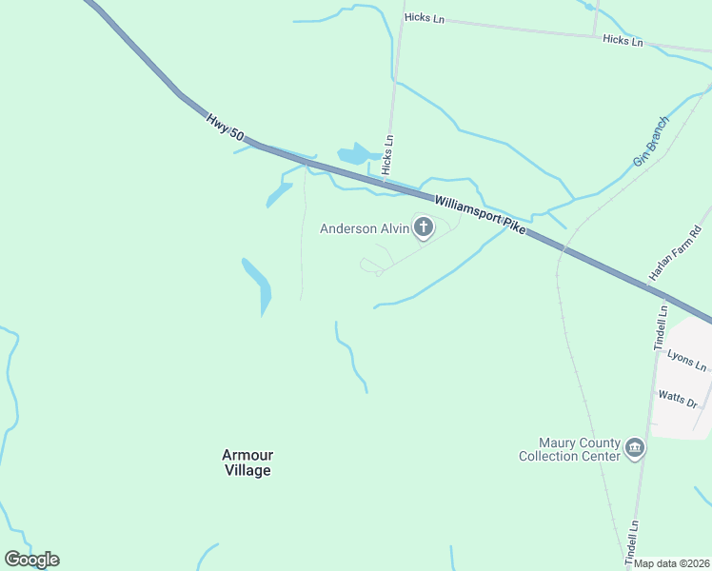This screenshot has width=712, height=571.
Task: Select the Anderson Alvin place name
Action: (x=363, y=228)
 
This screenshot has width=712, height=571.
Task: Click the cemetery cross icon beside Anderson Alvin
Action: (x=423, y=226)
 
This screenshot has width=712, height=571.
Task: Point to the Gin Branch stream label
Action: (x=652, y=143)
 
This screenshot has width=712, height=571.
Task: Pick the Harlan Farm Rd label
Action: (x=675, y=253)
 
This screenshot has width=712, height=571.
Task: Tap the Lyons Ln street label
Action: (x=687, y=360)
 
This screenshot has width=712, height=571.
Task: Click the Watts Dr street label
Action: (x=679, y=398)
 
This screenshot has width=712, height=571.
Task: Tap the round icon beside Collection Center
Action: (x=636, y=447)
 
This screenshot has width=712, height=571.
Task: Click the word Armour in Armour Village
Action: (x=247, y=455)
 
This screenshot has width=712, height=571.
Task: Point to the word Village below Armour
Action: (x=247, y=470)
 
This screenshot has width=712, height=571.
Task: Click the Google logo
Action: (x=31, y=560)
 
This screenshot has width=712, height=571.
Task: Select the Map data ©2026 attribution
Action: (x=672, y=563)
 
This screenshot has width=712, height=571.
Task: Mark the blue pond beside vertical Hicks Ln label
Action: (x=356, y=154)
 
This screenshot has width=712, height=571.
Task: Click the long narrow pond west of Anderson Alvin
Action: (x=259, y=285)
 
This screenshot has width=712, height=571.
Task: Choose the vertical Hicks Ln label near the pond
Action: (x=387, y=153)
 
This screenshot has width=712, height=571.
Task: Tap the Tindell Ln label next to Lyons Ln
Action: (x=662, y=327)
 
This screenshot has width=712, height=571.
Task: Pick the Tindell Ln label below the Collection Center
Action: (x=632, y=540)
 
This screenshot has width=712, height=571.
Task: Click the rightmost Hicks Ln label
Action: (x=623, y=40)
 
